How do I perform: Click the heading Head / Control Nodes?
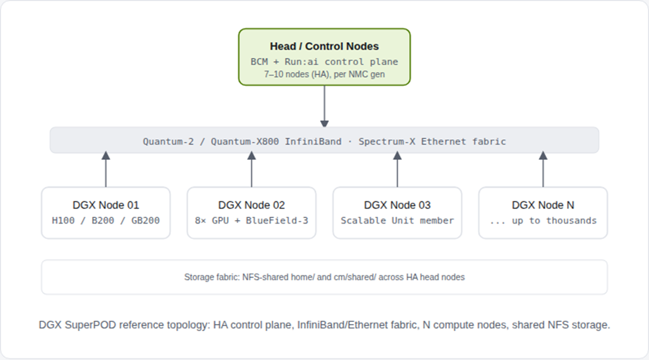[324, 46]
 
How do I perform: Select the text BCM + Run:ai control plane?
[324, 62]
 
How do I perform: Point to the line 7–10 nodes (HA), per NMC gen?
[324, 74]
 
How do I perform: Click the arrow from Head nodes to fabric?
[324, 107]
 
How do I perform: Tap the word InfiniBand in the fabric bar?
[313, 141]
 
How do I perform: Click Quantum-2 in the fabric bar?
[168, 141]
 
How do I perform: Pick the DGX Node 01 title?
[106, 205]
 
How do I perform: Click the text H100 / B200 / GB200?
[106, 220]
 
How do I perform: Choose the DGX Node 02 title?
[251, 205]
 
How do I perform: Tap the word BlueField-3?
[277, 220]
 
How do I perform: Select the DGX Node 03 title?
[397, 205]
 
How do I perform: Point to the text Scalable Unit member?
[397, 220]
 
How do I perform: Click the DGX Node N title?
[542, 205]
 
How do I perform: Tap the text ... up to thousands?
[542, 220]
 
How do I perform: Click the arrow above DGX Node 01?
[106, 169]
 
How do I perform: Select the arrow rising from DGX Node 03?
[397, 169]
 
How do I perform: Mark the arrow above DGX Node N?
[543, 169]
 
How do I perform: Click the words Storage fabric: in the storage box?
[212, 277]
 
